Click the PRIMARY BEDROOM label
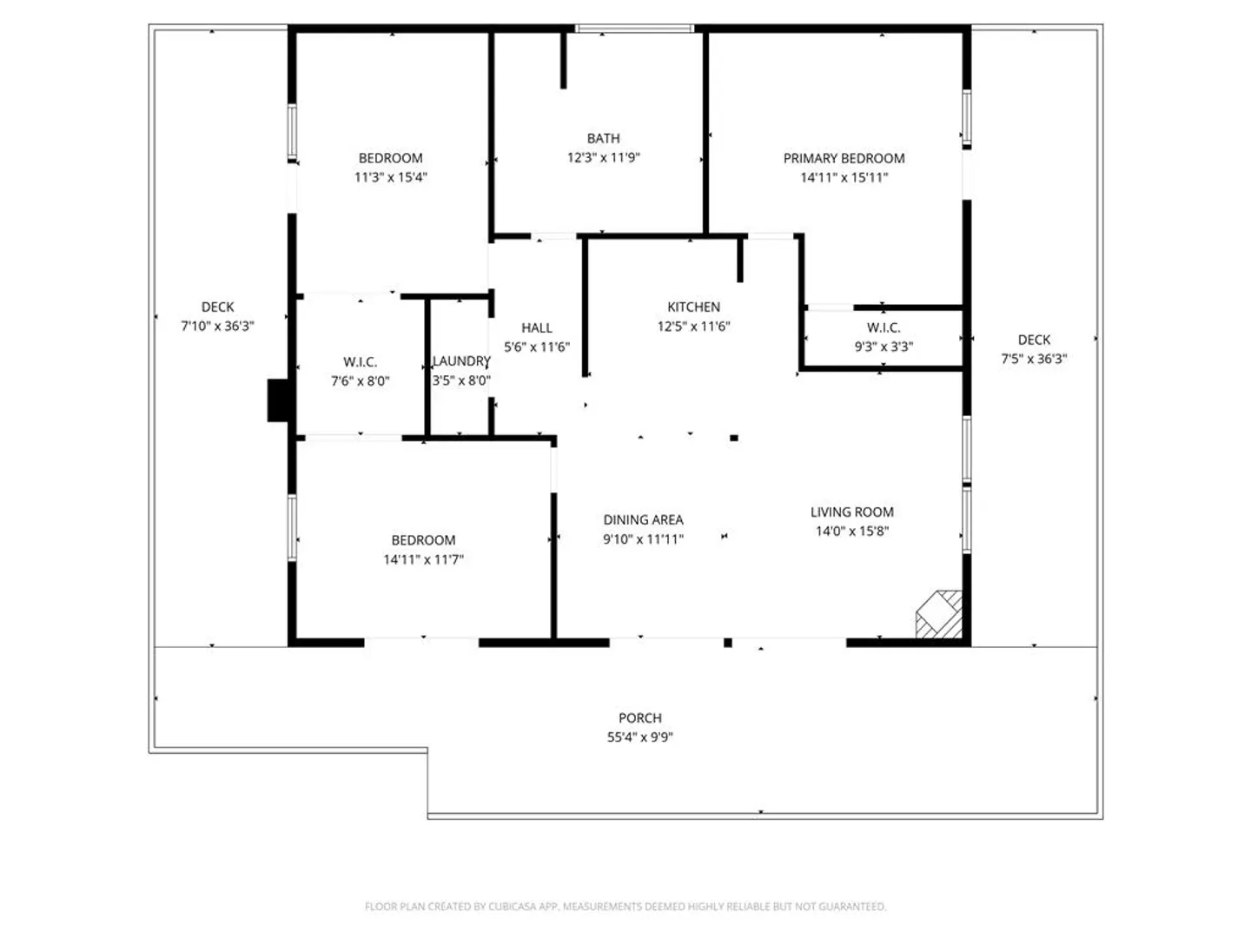844,158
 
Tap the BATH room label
603,138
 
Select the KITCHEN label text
693,307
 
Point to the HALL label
536,327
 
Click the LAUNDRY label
461,361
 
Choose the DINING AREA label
643,519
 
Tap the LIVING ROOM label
851,512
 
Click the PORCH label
640,717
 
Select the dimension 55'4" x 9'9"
639,737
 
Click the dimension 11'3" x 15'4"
390,177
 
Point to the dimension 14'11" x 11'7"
423,559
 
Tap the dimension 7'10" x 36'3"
217,326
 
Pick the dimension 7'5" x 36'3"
1033,359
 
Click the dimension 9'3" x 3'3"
884,347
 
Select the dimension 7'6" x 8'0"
361,380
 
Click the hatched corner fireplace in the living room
938,614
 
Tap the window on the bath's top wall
634,29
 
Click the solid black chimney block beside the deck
278,400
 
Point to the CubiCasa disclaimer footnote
625,906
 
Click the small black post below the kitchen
734,438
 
